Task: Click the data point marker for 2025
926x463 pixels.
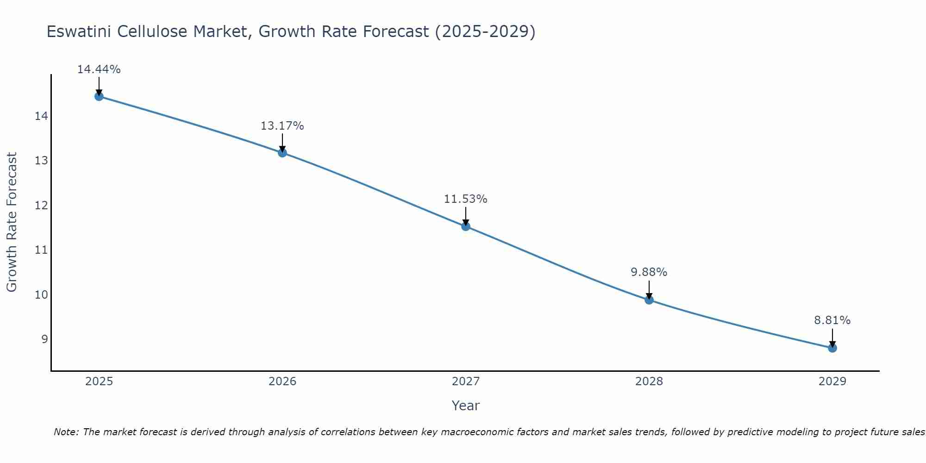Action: pos(99,96)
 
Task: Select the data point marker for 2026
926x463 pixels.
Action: pos(282,153)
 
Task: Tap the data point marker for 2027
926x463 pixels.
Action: pos(466,226)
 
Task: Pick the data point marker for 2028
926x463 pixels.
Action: pos(649,300)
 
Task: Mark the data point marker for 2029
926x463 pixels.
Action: pos(832,348)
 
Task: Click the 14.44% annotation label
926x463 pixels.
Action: pos(99,69)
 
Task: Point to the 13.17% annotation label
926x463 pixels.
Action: pos(282,126)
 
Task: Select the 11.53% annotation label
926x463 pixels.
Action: pos(466,199)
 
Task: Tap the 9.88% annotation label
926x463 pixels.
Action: pos(649,272)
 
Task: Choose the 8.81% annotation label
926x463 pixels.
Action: pos(832,320)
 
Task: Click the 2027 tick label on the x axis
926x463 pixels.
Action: pos(466,382)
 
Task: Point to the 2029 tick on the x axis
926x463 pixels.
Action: pos(832,382)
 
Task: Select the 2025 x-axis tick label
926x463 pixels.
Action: pos(99,382)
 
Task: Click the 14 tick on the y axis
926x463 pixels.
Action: pos(41,116)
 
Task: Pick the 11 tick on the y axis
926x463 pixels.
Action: pos(41,250)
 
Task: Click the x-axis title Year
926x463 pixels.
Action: pos(466,406)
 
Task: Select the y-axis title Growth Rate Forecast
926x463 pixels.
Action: pos(12,222)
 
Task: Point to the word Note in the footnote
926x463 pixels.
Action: pos(66,432)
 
